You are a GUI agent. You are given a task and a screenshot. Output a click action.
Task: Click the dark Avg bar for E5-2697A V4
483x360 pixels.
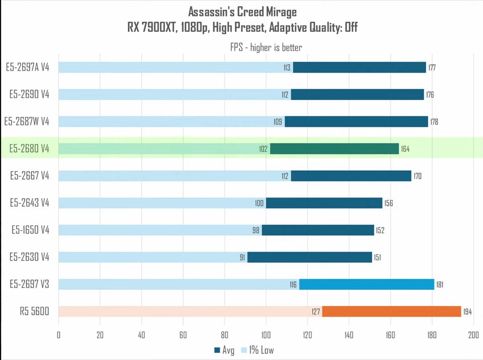(359, 67)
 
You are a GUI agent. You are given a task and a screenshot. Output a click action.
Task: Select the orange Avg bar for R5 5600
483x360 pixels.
(392, 311)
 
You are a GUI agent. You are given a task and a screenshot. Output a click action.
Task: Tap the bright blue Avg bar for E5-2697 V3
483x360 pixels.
(367, 284)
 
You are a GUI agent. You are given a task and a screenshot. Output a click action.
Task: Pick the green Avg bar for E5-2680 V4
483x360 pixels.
(335, 149)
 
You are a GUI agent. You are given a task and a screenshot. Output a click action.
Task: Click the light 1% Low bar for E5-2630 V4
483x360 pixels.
(153, 257)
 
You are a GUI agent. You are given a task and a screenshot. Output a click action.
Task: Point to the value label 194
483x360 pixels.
(467, 312)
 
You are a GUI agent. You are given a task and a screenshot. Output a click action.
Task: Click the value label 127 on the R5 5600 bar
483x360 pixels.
(316, 312)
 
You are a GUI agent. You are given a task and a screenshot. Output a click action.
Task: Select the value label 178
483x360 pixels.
(434, 122)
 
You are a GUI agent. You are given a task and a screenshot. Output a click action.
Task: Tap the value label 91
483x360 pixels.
(243, 257)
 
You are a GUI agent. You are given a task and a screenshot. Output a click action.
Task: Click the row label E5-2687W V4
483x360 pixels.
(27, 121)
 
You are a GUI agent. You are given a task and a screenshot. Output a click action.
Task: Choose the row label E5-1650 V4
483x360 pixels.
(31, 230)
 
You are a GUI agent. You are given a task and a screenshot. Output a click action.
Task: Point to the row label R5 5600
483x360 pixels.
(35, 311)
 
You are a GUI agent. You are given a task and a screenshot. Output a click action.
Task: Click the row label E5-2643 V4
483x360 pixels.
(30, 203)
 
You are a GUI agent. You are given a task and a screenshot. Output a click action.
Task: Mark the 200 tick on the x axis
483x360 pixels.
(473, 335)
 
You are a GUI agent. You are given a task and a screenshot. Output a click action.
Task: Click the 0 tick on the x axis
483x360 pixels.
(58, 335)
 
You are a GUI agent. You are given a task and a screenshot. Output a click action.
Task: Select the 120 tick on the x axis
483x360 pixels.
(307, 335)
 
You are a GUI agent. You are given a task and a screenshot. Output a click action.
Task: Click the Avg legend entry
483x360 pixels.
(224, 350)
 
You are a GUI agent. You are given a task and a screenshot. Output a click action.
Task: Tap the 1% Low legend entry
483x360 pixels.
(257, 350)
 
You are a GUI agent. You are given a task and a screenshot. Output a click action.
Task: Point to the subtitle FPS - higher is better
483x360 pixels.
(266, 47)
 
